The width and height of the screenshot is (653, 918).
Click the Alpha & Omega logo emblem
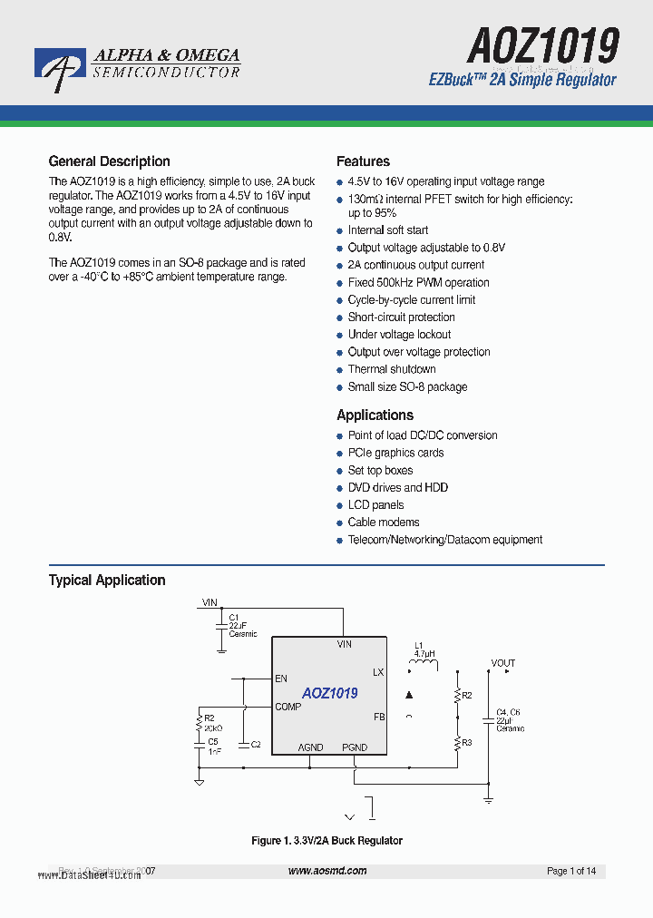point(60,68)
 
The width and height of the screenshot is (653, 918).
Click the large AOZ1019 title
point(543,44)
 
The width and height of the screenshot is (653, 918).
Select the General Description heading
point(109,161)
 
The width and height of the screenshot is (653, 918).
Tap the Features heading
point(363,161)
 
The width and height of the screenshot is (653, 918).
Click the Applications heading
point(375,415)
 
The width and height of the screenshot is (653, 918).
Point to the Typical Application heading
point(107,581)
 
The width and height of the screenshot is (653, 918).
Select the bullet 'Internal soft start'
point(387,230)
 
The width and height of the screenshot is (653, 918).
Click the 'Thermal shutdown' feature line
point(391,369)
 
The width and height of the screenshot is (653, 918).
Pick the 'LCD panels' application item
point(375,505)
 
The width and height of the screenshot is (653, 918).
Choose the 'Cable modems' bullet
point(383,522)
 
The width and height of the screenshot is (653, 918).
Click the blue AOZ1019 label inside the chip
point(330,693)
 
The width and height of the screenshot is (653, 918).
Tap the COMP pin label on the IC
point(288,707)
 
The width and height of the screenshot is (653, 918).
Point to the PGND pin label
point(355,747)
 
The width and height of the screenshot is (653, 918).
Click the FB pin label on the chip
point(379,717)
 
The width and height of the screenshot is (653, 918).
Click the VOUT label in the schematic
point(503,663)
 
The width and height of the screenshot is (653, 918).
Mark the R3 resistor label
point(467,743)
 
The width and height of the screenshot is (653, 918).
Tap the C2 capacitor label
point(256,744)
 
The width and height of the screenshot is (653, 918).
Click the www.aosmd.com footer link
point(327,871)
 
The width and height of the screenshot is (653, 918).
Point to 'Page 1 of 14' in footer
point(571,872)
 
